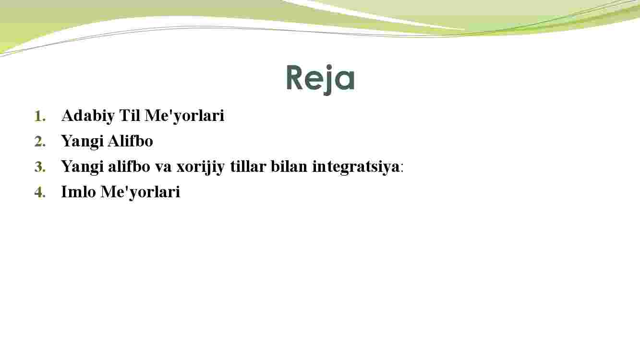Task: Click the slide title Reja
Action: [x=320, y=79]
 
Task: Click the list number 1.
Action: [x=40, y=117]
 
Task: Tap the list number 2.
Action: [x=40, y=142]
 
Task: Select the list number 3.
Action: [x=40, y=167]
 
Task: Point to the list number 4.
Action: [x=40, y=192]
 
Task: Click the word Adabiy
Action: [x=88, y=116]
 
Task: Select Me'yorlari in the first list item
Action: [x=184, y=116]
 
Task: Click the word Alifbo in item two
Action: [x=131, y=141]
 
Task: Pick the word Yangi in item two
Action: [x=82, y=142]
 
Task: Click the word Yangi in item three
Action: [x=82, y=167]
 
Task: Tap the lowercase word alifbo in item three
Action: [x=129, y=166]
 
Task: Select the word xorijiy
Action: [x=201, y=167]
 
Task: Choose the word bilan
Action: [x=289, y=166]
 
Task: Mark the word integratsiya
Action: [x=356, y=167]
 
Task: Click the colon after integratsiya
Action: [x=402, y=168]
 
